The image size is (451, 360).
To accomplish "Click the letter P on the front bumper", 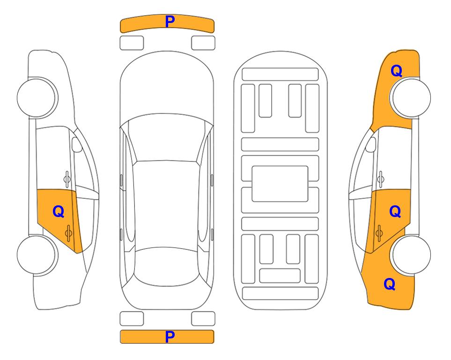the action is [170, 22].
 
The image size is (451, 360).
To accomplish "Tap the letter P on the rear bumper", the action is [170, 337].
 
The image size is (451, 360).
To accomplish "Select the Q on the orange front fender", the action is [396, 71].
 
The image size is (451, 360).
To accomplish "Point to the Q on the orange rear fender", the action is [390, 284].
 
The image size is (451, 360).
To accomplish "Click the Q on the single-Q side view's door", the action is [59, 212].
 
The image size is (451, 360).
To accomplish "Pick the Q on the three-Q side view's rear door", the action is [395, 212].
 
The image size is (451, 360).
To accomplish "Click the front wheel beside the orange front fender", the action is [410, 97].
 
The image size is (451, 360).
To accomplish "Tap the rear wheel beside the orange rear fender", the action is [410, 255].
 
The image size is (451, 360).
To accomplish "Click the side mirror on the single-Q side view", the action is [76, 144].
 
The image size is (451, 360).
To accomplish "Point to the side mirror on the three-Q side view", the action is [371, 144].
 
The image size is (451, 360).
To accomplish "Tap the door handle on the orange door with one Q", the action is [68, 233].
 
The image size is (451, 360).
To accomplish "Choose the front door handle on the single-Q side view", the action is [67, 179].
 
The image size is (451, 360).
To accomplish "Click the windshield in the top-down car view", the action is [167, 138].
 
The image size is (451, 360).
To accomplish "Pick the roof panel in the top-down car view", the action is [167, 204].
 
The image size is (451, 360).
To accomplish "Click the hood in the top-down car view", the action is [167, 86].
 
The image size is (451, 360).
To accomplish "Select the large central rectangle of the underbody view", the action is [280, 184].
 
